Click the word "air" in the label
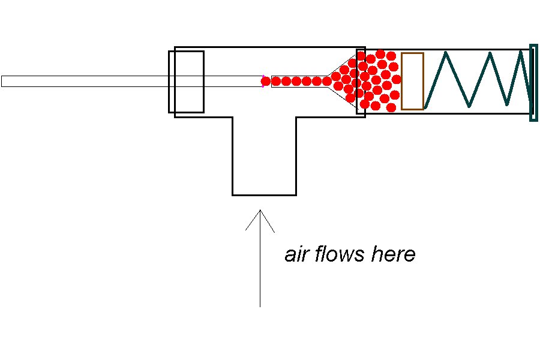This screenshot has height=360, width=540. click(x=296, y=254)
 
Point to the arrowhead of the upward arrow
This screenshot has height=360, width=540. click(x=260, y=212)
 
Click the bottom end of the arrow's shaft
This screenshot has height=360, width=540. click(x=260, y=306)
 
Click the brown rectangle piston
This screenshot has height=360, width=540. click(x=412, y=81)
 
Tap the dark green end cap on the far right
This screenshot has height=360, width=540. click(x=533, y=83)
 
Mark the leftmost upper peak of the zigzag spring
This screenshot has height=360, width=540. click(x=446, y=53)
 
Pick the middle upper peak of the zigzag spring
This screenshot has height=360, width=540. click(x=490, y=53)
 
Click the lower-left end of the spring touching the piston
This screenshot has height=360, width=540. click(x=425, y=108)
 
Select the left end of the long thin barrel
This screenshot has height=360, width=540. click(x=2, y=81)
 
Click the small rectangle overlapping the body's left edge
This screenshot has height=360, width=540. click(x=186, y=82)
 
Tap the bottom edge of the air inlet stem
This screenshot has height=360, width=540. click(x=264, y=195)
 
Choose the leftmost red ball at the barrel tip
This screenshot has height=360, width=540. click(x=266, y=81)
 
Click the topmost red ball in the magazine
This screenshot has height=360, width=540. click(x=380, y=54)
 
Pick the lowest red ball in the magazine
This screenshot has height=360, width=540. click(x=391, y=107)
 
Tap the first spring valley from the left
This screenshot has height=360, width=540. click(x=469, y=107)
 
